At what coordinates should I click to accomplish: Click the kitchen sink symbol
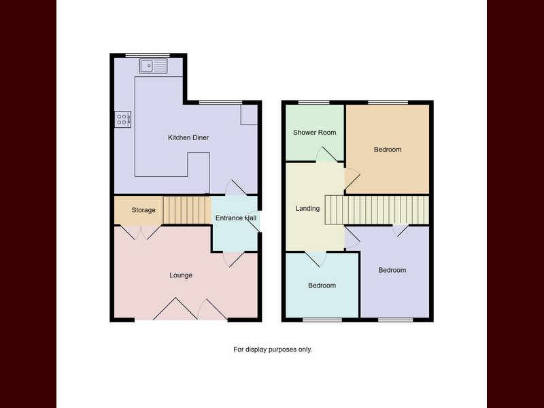(154, 66)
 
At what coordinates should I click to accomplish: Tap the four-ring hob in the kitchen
(123, 120)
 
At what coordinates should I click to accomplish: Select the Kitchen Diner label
(188, 138)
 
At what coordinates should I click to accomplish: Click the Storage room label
(143, 210)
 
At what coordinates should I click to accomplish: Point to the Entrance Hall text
(236, 218)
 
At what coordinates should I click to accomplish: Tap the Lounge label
(181, 275)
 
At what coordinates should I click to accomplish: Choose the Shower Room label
(314, 133)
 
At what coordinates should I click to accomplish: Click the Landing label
(307, 209)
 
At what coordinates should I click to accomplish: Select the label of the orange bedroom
(388, 150)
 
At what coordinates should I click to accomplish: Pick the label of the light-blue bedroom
(322, 286)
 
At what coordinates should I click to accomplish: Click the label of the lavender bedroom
(392, 270)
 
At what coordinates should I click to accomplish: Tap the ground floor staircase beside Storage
(187, 210)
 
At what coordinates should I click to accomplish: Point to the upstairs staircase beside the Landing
(377, 210)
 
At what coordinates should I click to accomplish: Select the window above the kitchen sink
(148, 56)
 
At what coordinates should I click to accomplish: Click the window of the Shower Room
(314, 103)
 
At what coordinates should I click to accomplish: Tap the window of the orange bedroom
(388, 103)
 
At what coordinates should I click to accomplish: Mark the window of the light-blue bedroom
(322, 320)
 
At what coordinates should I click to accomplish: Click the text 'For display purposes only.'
(273, 350)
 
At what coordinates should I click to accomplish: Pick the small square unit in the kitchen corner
(249, 114)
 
